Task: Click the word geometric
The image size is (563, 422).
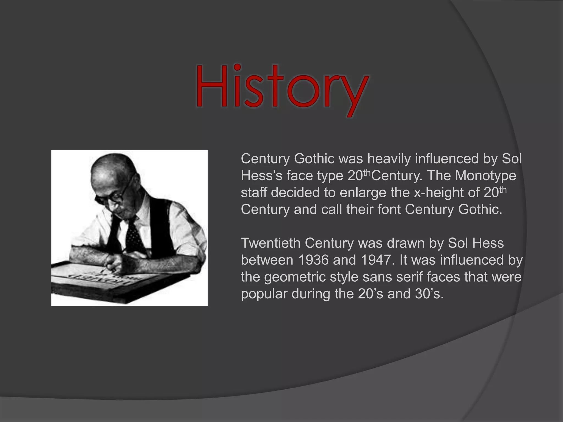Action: pyautogui.click(x=295, y=277)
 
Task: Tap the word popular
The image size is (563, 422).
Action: pyautogui.click(x=264, y=294)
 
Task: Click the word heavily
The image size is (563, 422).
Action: pyautogui.click(x=389, y=159)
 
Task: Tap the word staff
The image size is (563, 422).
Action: pyautogui.click(x=254, y=193)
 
